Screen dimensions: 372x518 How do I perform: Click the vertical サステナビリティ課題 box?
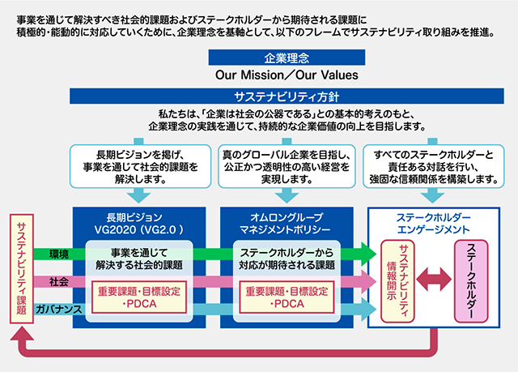(21, 267)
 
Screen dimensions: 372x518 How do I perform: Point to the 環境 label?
(57, 254)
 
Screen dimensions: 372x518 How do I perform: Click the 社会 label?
(57, 281)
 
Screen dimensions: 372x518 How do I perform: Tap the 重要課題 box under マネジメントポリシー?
(287, 297)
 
